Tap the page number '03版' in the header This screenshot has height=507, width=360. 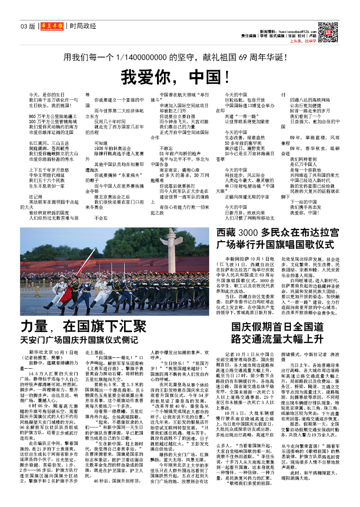[28, 26]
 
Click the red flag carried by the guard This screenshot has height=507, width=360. [82, 273]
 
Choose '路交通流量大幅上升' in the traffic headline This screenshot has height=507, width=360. [277, 339]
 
